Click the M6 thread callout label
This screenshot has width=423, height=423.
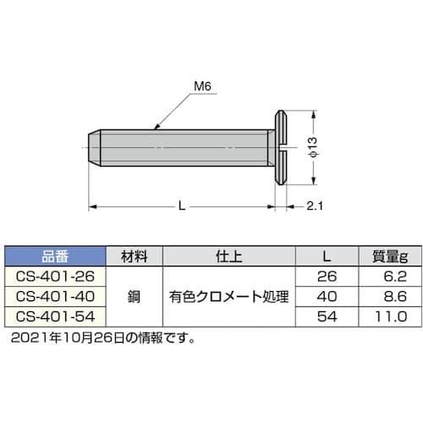click(x=201, y=85)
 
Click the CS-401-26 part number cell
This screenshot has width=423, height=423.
click(x=56, y=276)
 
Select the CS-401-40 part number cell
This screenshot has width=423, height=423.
click(x=56, y=296)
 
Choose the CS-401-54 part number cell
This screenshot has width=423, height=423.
click(x=56, y=316)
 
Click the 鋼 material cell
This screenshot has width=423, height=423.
click(x=135, y=297)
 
